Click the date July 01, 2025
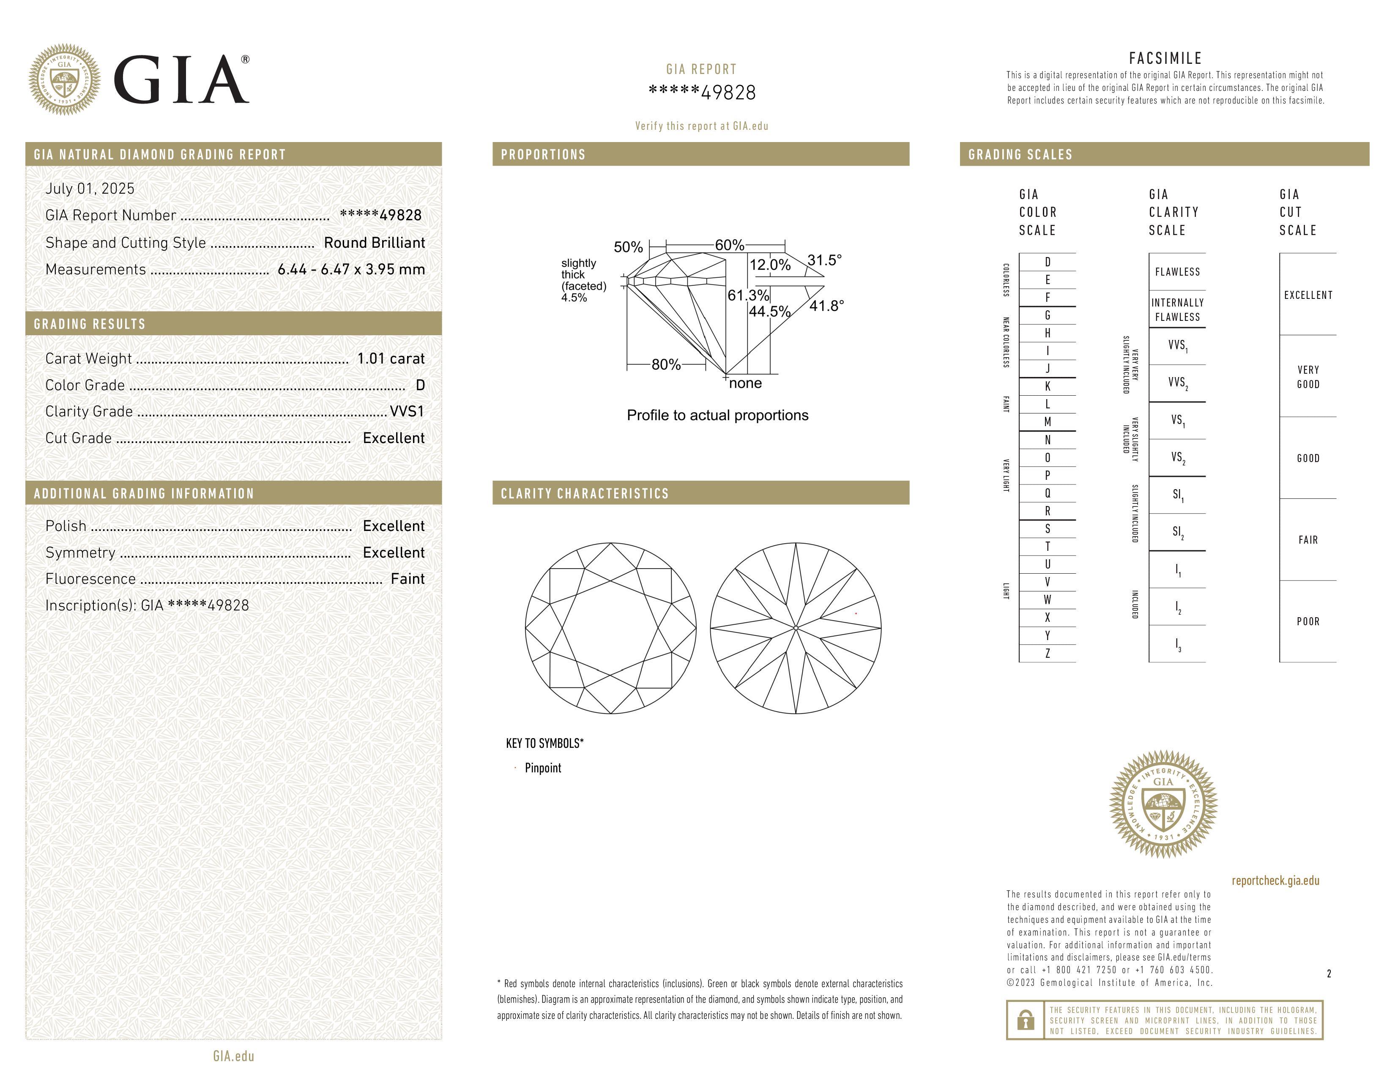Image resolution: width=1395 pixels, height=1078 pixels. [90, 189]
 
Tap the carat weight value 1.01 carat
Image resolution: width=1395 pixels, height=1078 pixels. [390, 358]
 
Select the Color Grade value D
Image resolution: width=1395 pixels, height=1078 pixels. [420, 385]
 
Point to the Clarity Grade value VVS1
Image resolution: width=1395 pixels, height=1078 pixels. [407, 411]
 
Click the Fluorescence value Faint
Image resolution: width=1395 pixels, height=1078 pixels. [408, 579]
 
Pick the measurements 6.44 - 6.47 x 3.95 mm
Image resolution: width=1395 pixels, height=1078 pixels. [351, 270]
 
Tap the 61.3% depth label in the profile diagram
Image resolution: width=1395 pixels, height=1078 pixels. [748, 295]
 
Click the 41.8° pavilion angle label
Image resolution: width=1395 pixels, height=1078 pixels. [826, 306]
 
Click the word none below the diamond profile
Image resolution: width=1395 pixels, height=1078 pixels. [745, 383]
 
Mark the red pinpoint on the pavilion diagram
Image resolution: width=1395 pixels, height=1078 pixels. [856, 614]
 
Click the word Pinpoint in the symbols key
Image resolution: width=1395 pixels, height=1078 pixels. [543, 768]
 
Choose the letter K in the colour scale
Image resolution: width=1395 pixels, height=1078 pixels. [1048, 386]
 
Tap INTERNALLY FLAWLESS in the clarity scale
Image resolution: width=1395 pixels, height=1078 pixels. [1177, 310]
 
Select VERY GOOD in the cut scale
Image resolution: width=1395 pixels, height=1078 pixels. [1307, 377]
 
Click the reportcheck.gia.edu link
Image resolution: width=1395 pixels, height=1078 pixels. [1275, 881]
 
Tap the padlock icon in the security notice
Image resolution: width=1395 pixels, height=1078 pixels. [1025, 1020]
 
